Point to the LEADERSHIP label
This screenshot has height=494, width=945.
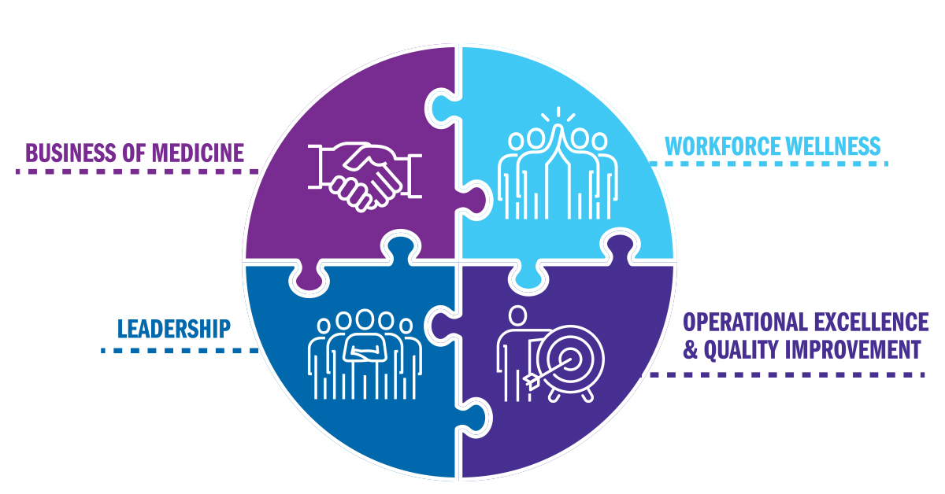pos(174,329)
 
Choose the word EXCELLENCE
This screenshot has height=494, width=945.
pos(874,322)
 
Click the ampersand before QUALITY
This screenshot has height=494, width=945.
pos(691,349)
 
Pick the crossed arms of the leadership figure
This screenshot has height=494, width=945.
pos(365,351)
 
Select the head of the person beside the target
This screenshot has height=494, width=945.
pos(517,316)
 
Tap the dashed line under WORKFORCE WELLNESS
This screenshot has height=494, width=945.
pos(768,164)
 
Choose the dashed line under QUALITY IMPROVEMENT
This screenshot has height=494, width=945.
pos(787,374)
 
